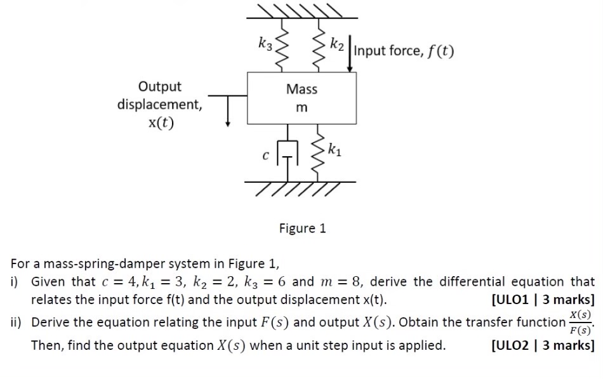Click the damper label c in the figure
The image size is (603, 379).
tap(267, 154)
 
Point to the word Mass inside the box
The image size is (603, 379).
tap(301, 89)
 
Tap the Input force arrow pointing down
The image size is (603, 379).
tap(350, 57)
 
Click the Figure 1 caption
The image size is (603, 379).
tap(302, 228)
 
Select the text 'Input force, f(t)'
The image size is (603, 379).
tap(404, 51)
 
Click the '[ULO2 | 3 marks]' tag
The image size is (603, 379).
tap(543, 345)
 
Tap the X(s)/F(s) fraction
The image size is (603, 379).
tap(580, 322)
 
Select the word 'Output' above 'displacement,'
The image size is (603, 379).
tap(160, 86)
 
